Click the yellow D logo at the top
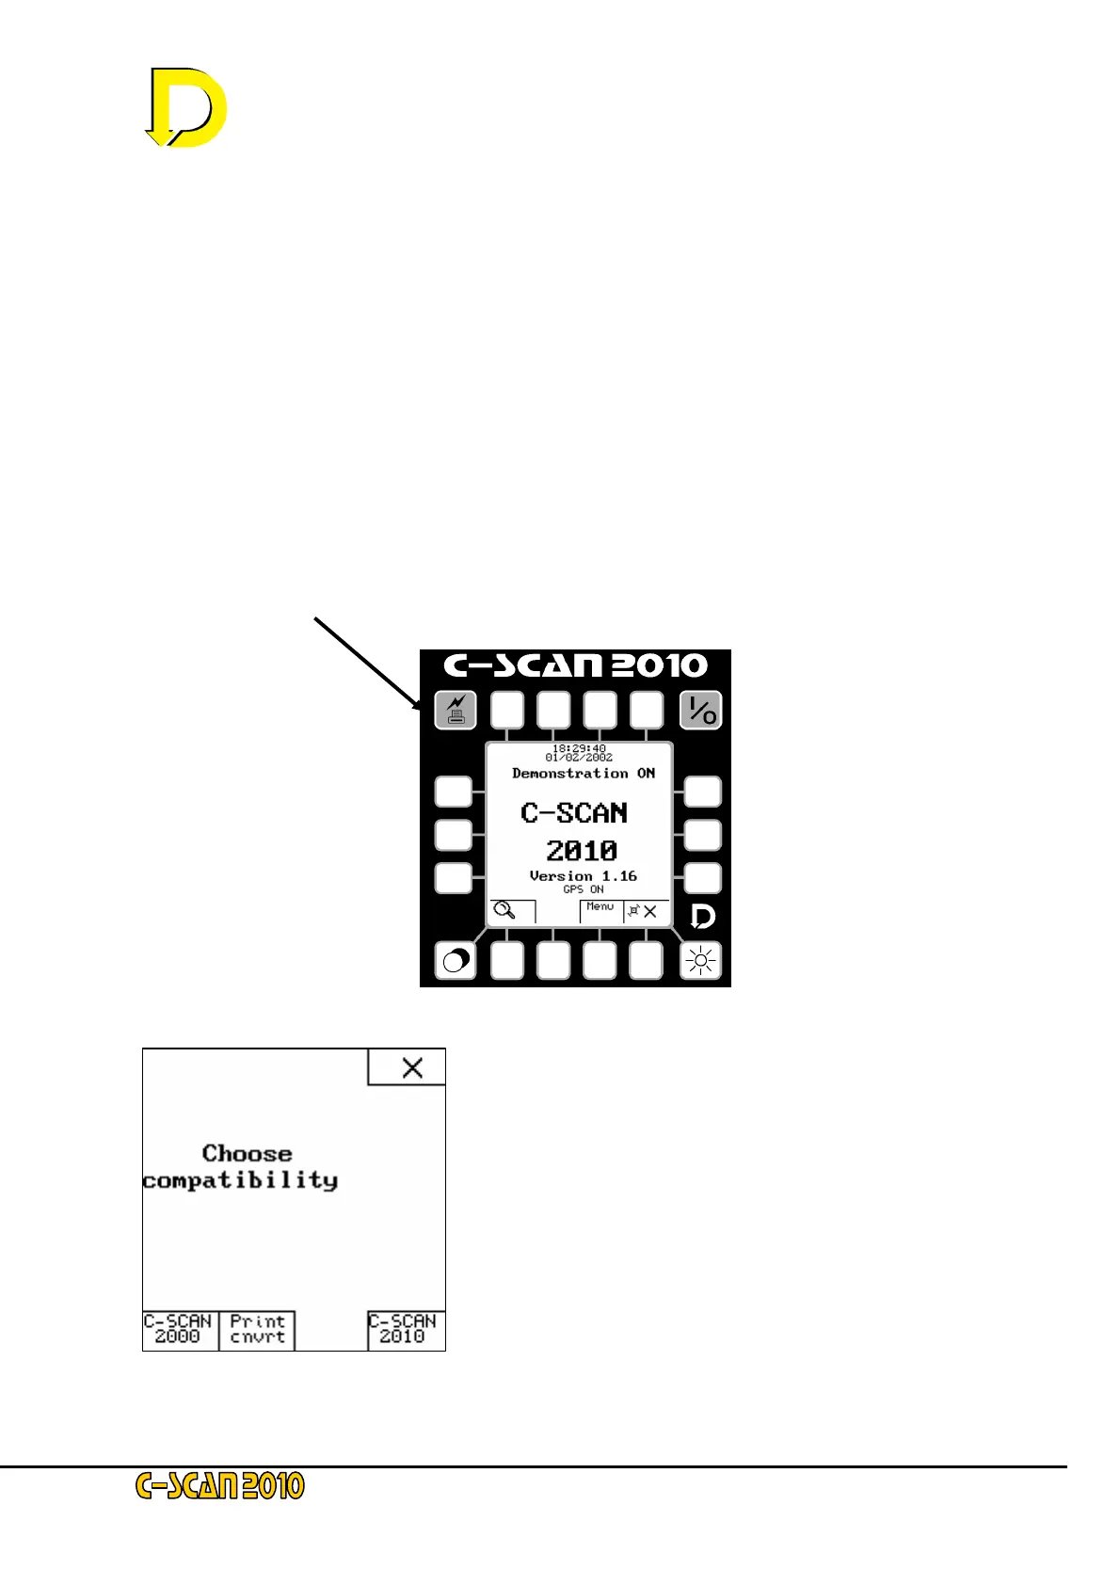point(187,107)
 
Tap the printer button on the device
point(456,710)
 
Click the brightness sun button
point(700,961)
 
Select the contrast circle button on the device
point(456,961)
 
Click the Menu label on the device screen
point(600,907)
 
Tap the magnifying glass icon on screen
point(505,910)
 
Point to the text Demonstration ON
point(584,774)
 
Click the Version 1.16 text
point(584,876)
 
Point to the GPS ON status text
point(584,889)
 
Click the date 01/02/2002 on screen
point(579,758)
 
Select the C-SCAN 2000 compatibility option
point(179,1330)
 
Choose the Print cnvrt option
point(257,1330)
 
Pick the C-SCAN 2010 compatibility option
point(405,1330)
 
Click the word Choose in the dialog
point(248,1154)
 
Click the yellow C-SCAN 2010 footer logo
point(221,1486)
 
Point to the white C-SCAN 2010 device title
point(576,665)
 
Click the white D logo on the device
point(702,917)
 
